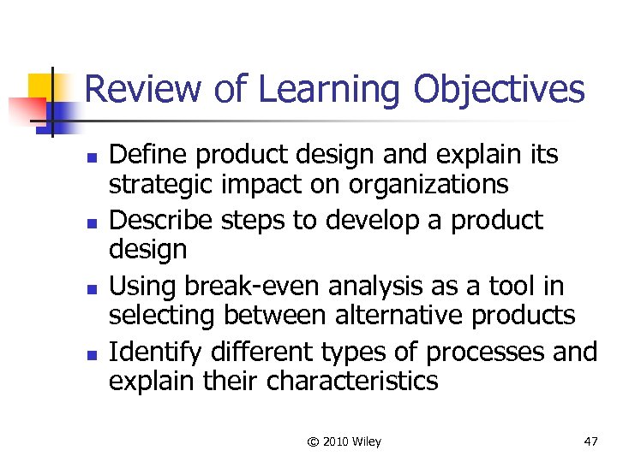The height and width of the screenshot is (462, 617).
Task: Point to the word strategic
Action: (153, 185)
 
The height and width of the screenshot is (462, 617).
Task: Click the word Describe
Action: (162, 220)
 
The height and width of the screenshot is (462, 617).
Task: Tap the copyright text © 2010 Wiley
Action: (344, 441)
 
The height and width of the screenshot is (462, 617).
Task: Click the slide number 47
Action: (590, 441)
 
